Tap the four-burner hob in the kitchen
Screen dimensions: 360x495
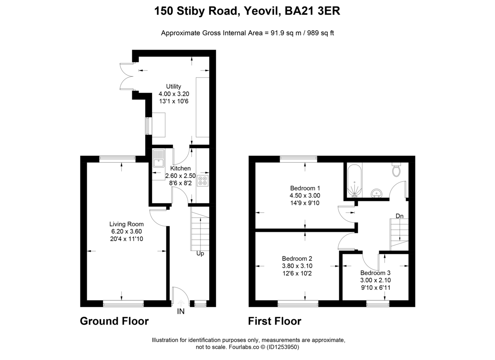pos(203,180)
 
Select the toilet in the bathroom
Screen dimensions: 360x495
pos(397,169)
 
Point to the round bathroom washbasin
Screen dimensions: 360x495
pos(377,193)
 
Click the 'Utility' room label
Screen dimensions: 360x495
pos(174,86)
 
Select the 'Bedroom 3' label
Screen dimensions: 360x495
pos(375,273)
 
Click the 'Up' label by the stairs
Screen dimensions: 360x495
pos(200,253)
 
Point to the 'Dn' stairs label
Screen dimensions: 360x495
pos(399,216)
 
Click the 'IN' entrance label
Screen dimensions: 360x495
pos(181,312)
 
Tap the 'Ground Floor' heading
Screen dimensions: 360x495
pos(114,321)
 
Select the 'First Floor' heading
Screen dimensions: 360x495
pos(274,321)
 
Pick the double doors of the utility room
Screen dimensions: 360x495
pos(126,76)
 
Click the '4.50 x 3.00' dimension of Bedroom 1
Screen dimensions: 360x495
pos(305,196)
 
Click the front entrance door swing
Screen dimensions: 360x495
pos(177,296)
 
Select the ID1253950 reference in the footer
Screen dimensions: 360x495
pos(283,347)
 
